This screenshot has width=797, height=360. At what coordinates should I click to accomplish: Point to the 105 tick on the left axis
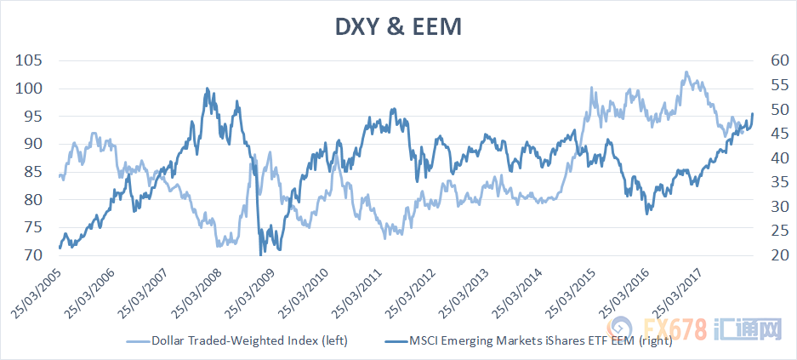[x=29, y=60]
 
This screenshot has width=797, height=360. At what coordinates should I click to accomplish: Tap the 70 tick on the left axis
[x=33, y=255]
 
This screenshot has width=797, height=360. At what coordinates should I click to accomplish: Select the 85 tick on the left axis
[x=33, y=172]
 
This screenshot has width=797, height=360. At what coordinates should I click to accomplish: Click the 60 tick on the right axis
[x=762, y=60]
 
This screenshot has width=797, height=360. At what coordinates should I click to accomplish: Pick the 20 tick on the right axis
[x=762, y=255]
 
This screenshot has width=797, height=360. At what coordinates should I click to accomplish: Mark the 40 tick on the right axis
[x=762, y=158]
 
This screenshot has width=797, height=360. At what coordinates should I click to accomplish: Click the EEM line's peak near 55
[x=207, y=89]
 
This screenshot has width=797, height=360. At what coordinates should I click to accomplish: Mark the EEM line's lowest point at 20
[x=260, y=254]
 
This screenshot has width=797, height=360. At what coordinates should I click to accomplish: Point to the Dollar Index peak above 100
[x=686, y=72]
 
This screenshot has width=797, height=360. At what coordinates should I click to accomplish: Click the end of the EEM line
[x=753, y=114]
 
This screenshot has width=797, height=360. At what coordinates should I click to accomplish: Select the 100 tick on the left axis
[x=29, y=89]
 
